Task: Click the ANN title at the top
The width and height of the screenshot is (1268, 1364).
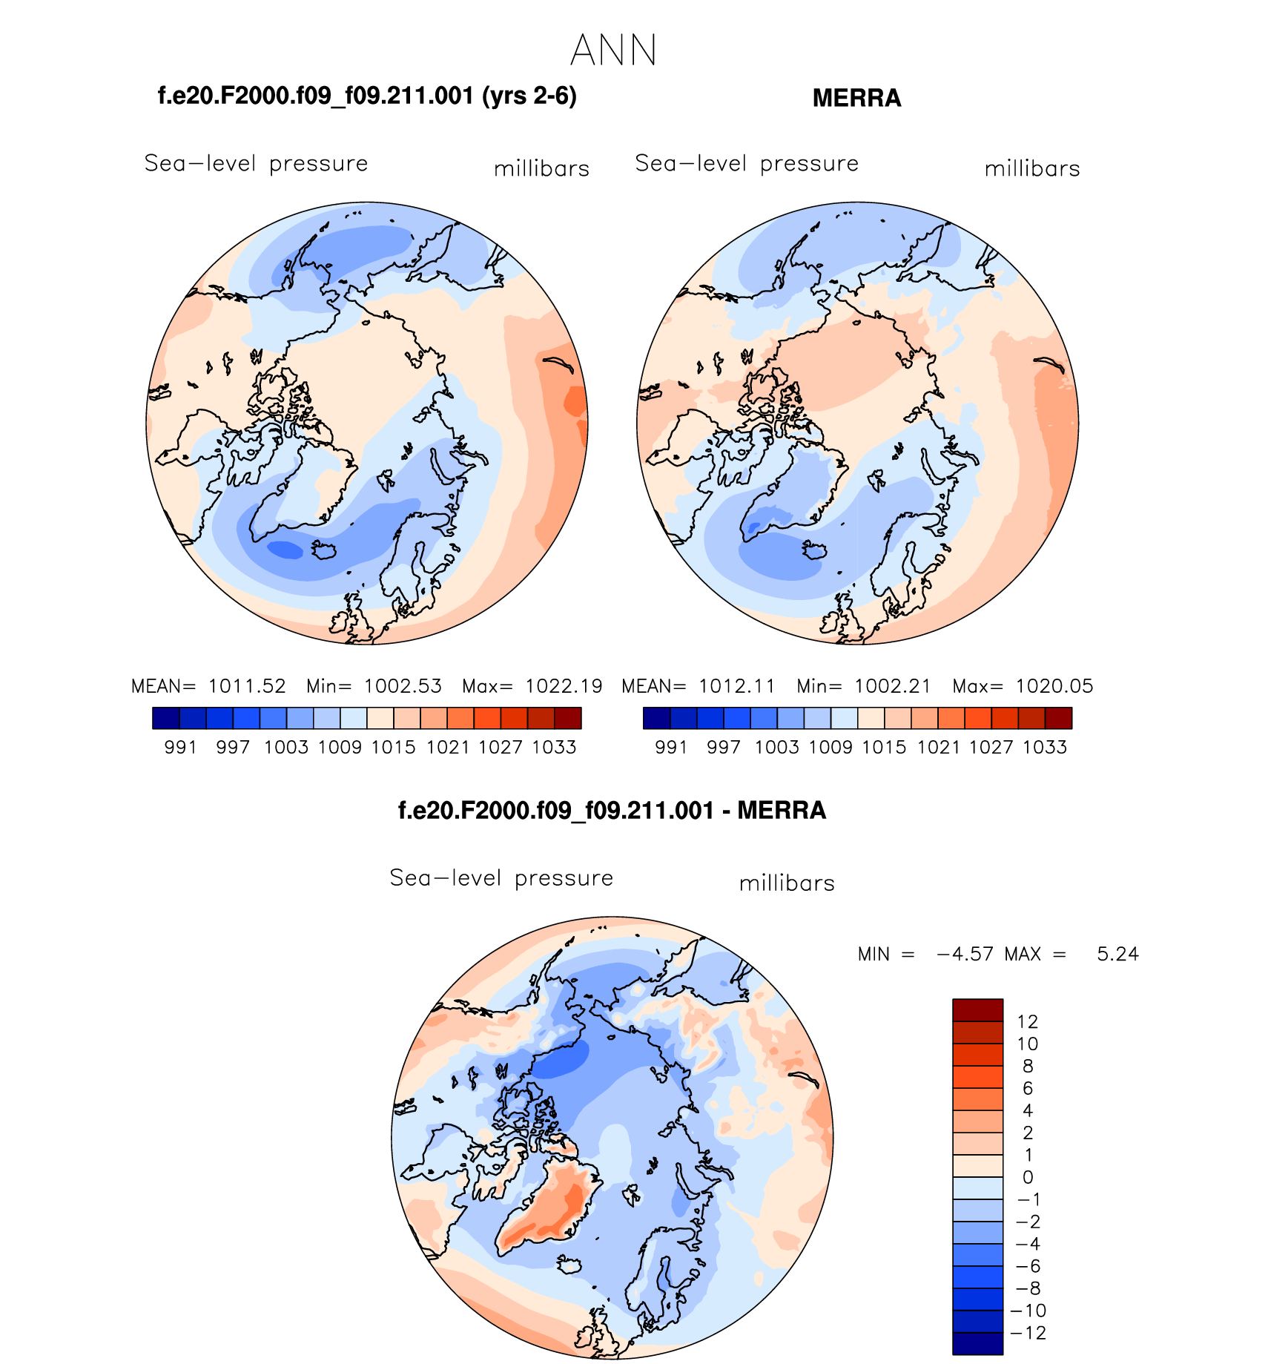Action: [x=613, y=50]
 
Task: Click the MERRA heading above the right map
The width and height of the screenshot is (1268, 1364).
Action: [x=856, y=98]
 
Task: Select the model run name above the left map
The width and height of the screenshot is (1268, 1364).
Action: [x=367, y=96]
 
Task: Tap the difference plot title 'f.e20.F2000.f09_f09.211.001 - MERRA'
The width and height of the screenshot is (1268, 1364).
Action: [x=612, y=810]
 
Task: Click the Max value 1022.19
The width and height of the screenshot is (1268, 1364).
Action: [x=564, y=686]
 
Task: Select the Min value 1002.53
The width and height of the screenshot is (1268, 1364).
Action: [x=403, y=686]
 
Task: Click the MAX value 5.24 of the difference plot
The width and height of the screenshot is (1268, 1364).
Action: [x=1117, y=954]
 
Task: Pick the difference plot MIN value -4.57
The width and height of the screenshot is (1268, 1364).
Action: [x=965, y=954]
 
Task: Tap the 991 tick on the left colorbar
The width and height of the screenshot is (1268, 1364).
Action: [x=180, y=747]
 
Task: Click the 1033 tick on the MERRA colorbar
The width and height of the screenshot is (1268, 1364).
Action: [x=1045, y=747]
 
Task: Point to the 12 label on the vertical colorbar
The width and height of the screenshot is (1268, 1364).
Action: [x=1027, y=1021]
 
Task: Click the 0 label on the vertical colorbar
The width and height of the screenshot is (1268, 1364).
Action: [x=1027, y=1177]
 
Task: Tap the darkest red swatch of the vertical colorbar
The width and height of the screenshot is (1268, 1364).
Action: [x=977, y=1010]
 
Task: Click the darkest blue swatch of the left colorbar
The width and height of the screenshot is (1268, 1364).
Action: [x=165, y=718]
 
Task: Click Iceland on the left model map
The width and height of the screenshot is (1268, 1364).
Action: [x=325, y=550]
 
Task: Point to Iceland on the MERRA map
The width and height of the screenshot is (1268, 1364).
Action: [x=814, y=550]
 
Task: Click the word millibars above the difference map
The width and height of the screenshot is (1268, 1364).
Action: [x=787, y=883]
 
